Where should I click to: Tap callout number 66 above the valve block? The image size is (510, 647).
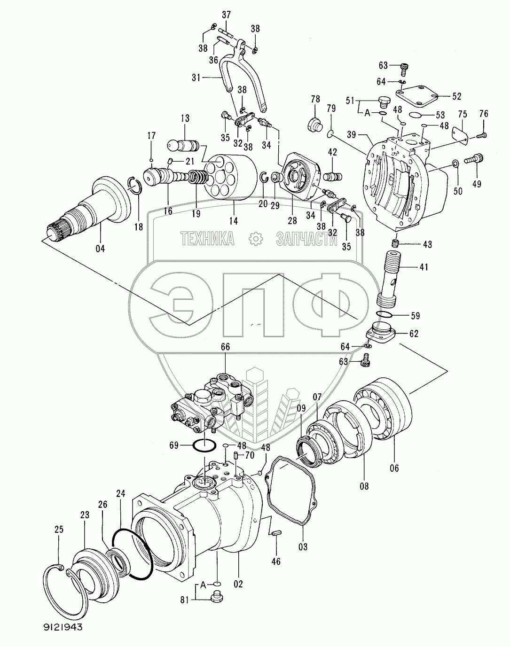pyautogui.click(x=225, y=347)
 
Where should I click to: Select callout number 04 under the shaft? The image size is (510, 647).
pyautogui.click(x=100, y=249)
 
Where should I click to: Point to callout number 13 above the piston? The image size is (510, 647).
pyautogui.click(x=185, y=118)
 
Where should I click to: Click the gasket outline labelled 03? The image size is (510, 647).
pyautogui.click(x=291, y=489)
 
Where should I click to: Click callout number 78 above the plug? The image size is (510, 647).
pyautogui.click(x=315, y=99)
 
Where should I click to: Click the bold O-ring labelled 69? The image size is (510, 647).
pyautogui.click(x=204, y=444)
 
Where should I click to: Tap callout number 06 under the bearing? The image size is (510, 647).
pyautogui.click(x=394, y=468)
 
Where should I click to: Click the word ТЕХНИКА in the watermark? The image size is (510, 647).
pyautogui.click(x=207, y=239)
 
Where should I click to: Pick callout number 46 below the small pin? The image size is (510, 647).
pyautogui.click(x=276, y=561)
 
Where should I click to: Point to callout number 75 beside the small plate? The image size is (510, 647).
pyautogui.click(x=463, y=114)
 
